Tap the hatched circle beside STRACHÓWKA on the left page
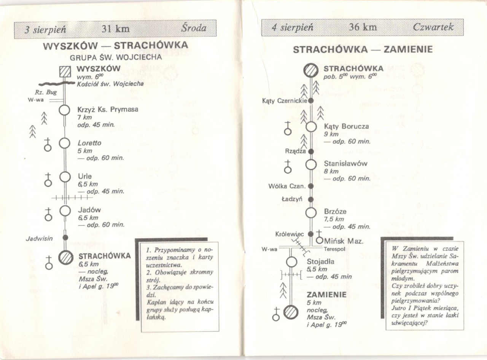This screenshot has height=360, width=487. click(x=65, y=258)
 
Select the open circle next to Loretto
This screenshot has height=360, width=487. click(x=65, y=143)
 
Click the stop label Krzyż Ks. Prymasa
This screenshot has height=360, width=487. click(x=108, y=110)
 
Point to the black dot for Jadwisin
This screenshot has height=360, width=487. click(x=65, y=237)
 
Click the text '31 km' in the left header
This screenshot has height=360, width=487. click(x=116, y=29)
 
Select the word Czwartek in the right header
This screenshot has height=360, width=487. click(x=433, y=27)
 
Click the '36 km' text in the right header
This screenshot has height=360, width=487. click(x=363, y=27)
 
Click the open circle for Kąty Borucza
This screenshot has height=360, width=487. click(x=311, y=127)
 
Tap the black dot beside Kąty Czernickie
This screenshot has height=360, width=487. click(x=310, y=101)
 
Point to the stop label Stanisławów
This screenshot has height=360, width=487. click(x=345, y=164)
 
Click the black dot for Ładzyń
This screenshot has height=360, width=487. click(x=311, y=199)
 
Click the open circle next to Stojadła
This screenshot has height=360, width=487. click(x=291, y=262)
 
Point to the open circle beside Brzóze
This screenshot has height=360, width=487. click(x=311, y=213)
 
